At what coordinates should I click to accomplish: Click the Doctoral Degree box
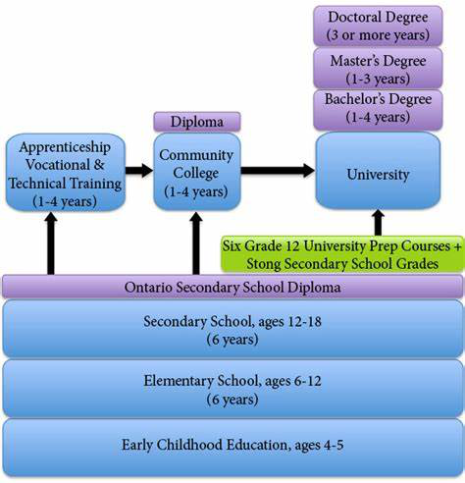click(378, 26)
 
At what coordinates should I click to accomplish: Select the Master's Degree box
click(378, 69)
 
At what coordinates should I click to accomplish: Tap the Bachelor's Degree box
click(378, 110)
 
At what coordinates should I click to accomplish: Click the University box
click(378, 170)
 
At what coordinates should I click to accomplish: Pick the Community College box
click(197, 172)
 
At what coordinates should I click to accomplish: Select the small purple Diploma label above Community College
click(197, 122)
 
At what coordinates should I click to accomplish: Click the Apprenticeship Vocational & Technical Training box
click(66, 172)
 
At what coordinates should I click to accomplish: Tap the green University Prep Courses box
click(342, 254)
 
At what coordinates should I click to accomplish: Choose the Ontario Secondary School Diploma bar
click(232, 287)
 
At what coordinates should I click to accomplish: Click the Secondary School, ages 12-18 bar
click(232, 328)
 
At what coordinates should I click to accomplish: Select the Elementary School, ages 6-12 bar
click(232, 389)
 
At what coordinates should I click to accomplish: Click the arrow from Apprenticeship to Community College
click(139, 171)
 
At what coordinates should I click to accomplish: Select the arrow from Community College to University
click(278, 171)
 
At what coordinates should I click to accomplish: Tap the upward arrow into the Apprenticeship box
click(50, 242)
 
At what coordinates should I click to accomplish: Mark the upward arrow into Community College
click(195, 242)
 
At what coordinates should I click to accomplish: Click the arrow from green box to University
click(378, 223)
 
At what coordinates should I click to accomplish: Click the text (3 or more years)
click(378, 34)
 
